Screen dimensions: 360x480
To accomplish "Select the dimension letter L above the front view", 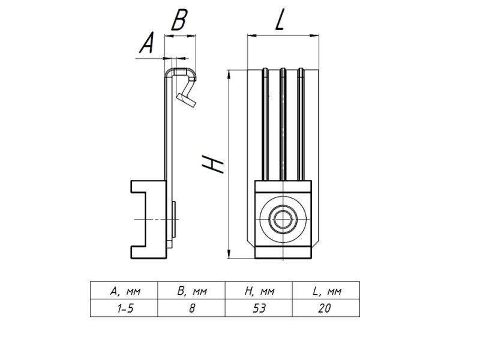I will (281, 21).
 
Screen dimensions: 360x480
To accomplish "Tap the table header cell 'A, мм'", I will (125, 292).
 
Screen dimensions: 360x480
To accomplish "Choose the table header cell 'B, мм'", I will (192, 292).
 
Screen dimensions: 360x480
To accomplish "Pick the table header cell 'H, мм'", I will (259, 292).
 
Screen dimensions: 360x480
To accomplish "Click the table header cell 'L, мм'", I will (326, 292).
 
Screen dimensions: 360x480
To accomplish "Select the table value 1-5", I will (125, 308).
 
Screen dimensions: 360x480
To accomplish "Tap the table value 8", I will (192, 308).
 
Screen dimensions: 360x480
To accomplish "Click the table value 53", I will (259, 308).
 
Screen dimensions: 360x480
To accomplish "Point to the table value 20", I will (326, 308).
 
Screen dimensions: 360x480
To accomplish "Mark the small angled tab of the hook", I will (186, 98).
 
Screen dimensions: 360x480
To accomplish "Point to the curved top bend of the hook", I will (180, 71).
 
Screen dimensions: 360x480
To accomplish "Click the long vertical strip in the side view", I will (166, 132).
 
